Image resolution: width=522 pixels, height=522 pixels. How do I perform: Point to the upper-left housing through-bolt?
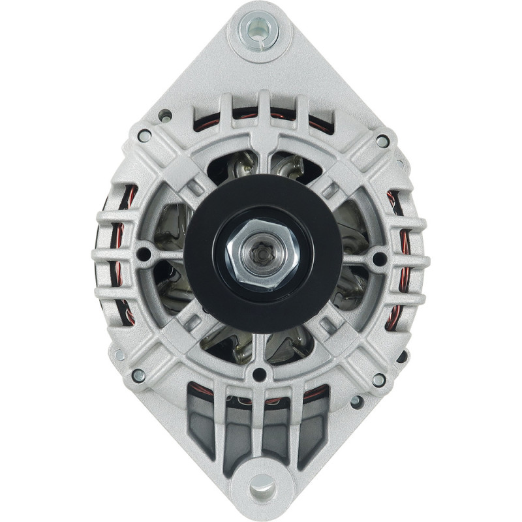144,136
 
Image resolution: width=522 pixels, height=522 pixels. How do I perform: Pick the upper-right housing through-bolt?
383,141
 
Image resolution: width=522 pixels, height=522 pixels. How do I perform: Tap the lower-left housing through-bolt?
138,376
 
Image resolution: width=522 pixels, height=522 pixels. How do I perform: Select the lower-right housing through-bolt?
378,379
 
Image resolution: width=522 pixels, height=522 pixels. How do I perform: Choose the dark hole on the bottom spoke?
260,375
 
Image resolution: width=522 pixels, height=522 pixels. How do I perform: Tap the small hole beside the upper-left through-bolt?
165,116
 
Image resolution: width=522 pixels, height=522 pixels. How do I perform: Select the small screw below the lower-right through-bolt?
357,401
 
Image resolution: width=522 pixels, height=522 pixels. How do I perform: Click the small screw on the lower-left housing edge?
119,355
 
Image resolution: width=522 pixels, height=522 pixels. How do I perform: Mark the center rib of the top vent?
264,108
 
